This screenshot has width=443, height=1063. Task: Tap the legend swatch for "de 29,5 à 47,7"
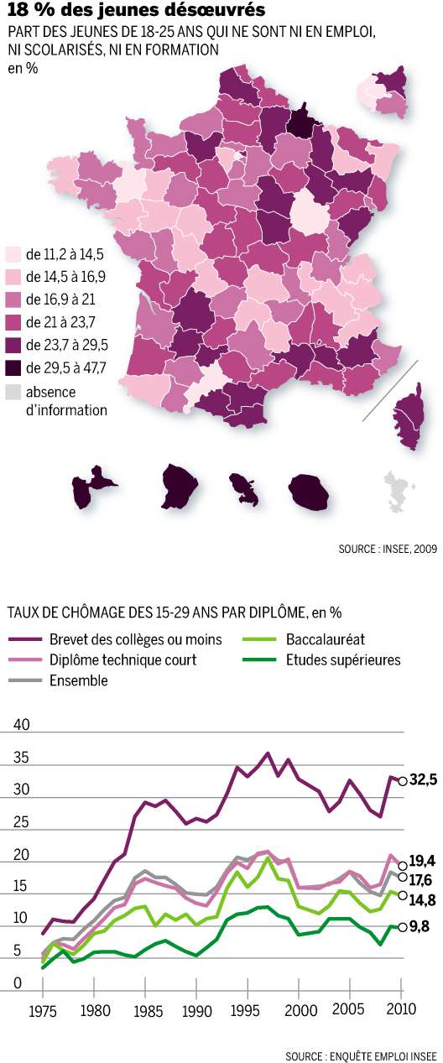click(x=13, y=367)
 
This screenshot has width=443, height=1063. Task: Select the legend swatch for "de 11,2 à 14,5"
click(x=13, y=253)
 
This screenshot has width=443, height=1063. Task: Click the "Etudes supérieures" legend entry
click(x=342, y=659)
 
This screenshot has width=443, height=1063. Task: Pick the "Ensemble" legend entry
click(x=79, y=680)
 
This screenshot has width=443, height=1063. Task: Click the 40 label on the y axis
click(x=22, y=725)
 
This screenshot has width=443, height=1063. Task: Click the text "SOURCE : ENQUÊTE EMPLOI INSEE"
click(x=360, y=1054)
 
